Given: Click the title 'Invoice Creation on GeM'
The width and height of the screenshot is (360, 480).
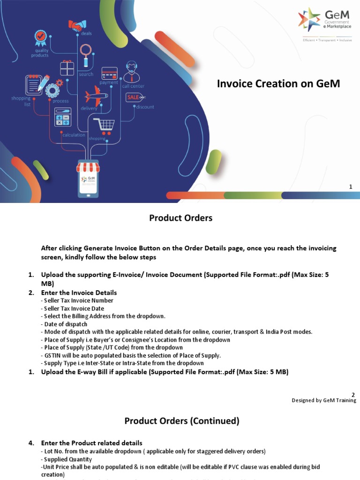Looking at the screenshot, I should coord(278,84).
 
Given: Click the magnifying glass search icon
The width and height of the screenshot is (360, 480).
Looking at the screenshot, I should coord(86,54).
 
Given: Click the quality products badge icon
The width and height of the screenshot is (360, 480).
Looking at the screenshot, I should coord(40,38).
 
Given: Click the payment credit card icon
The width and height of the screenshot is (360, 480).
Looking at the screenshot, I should coord(109,73).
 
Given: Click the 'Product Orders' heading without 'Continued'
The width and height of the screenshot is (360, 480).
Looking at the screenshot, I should coord(180,218).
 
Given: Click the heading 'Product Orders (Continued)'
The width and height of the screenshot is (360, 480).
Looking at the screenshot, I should coord(182,421).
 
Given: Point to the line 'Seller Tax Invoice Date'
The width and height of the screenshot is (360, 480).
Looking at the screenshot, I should coord(72,308).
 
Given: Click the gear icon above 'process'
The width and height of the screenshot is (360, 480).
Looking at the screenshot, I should coord(52,90).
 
